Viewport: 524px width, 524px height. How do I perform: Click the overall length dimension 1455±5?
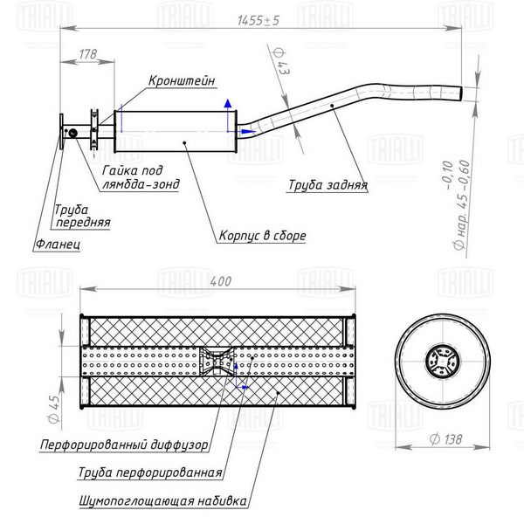[258, 21]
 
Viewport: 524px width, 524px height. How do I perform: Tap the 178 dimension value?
[88, 54]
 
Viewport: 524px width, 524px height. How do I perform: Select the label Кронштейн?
[182, 81]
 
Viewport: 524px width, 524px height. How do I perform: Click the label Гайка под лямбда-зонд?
[141, 177]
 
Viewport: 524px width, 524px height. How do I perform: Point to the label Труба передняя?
[82, 216]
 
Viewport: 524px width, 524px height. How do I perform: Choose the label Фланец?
[58, 244]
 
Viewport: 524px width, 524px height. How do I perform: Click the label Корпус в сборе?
[262, 236]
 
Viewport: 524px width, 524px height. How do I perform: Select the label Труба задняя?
[327, 185]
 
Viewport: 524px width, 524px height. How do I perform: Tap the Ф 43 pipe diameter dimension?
[281, 61]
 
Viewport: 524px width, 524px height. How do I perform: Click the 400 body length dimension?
[221, 281]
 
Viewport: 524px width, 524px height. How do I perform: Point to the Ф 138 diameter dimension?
[446, 439]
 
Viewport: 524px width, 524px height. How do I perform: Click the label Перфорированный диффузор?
[124, 445]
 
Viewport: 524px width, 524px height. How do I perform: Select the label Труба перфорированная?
[150, 472]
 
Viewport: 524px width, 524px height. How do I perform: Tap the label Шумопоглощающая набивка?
[163, 501]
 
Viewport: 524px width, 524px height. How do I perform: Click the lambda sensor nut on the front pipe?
[72, 134]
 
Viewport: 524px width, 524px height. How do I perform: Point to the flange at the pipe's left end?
[61, 132]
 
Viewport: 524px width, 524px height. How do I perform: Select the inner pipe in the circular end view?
[442, 362]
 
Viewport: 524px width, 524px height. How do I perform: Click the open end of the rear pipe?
[461, 93]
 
